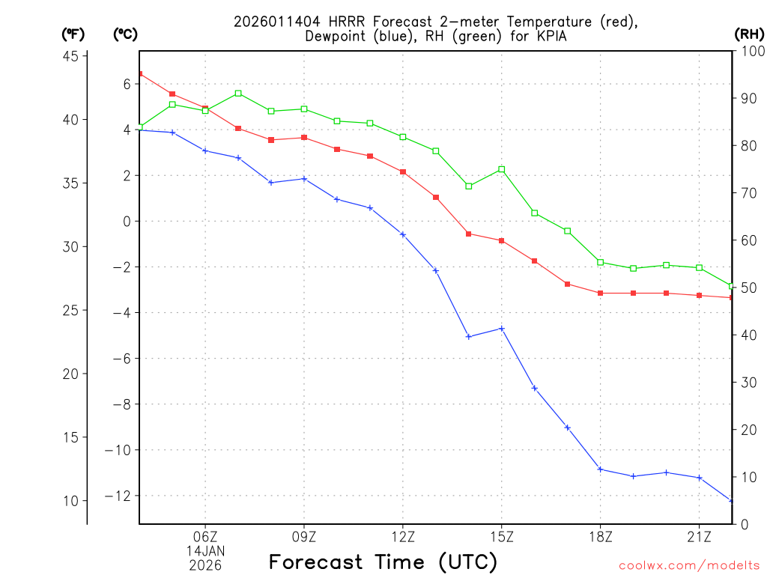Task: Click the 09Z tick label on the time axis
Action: coord(304,536)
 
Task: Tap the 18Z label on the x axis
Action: coord(601,536)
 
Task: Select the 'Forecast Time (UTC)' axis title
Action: coord(383,562)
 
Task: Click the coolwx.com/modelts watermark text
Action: coord(689,565)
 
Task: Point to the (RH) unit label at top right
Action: coord(749,34)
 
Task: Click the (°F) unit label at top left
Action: coord(73,34)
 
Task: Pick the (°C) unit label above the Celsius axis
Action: coord(125,34)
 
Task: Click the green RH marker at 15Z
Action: coord(502,169)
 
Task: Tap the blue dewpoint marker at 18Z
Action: coord(601,469)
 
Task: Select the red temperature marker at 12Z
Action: coord(403,171)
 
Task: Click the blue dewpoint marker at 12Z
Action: coord(403,234)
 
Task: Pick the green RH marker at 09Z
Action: coord(304,109)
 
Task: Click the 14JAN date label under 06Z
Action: coord(205,550)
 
